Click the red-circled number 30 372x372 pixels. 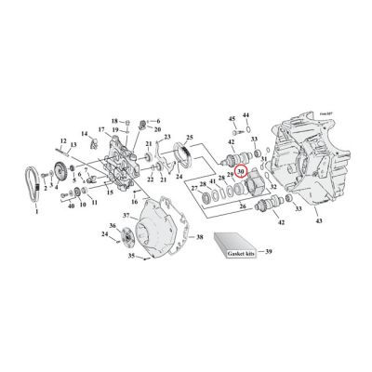[x=241, y=171]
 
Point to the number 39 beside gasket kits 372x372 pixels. [x=271, y=251]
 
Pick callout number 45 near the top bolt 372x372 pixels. [x=232, y=120]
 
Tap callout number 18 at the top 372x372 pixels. [x=114, y=121]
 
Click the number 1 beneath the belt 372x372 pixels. [x=36, y=213]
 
